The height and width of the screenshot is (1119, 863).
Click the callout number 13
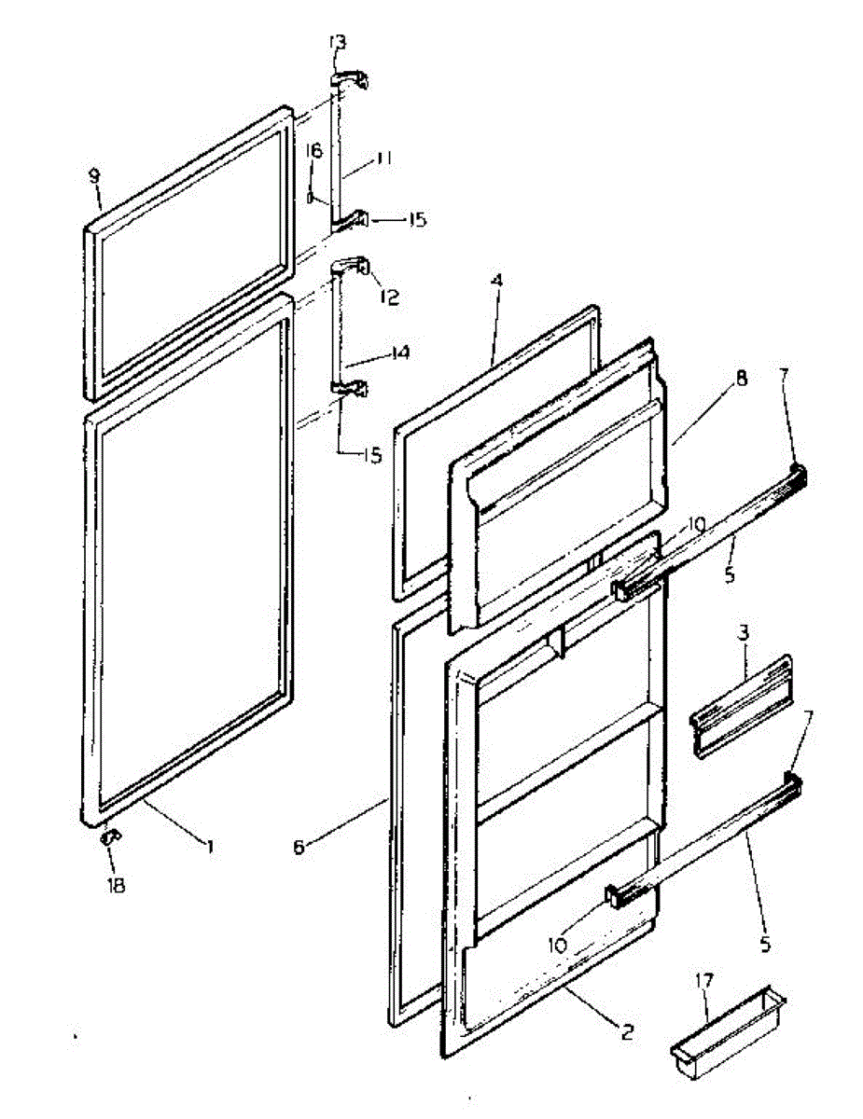click(337, 42)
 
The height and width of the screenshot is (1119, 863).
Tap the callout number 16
click(313, 151)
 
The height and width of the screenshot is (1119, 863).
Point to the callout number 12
click(389, 297)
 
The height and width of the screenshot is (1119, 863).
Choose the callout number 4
click(498, 280)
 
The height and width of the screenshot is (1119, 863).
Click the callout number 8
click(741, 379)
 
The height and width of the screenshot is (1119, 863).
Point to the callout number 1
click(211, 846)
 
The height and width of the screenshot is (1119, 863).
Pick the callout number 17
click(704, 981)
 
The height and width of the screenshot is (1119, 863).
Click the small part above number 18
click(110, 837)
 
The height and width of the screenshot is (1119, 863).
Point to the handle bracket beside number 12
click(352, 268)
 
